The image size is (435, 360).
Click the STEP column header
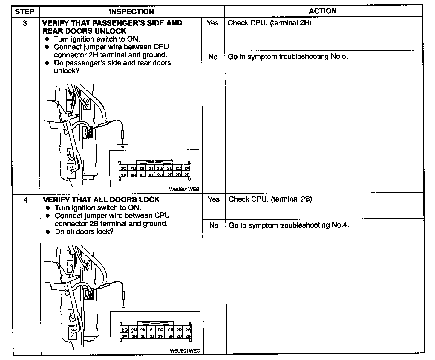pyautogui.click(x=25, y=12)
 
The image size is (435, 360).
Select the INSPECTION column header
pyautogui.click(x=131, y=12)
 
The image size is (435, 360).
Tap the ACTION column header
pyautogui.click(x=323, y=11)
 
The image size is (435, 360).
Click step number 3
pyautogui.click(x=25, y=23)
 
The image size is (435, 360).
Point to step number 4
pyautogui.click(x=26, y=200)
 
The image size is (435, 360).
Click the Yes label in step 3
pyautogui.click(x=212, y=23)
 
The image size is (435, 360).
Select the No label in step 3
pyautogui.click(x=213, y=57)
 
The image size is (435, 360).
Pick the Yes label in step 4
pyautogui.click(x=213, y=199)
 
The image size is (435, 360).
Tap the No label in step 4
pyautogui.click(x=214, y=225)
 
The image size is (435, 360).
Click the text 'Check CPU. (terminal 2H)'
pyautogui.click(x=269, y=23)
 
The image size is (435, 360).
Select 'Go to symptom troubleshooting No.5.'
pyautogui.click(x=288, y=57)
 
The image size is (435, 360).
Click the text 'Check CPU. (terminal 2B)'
pyautogui.click(x=270, y=199)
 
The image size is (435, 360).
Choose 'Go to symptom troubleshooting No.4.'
pyautogui.click(x=289, y=225)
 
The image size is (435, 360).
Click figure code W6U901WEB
pyautogui.click(x=184, y=189)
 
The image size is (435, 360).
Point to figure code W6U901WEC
pyautogui.click(x=185, y=350)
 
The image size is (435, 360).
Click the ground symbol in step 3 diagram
pyautogui.click(x=122, y=146)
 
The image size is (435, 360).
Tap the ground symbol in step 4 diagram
pyautogui.click(x=122, y=307)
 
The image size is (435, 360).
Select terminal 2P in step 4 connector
pyautogui.click(x=125, y=336)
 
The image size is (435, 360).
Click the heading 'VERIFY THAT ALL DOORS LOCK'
pyautogui.click(x=101, y=200)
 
